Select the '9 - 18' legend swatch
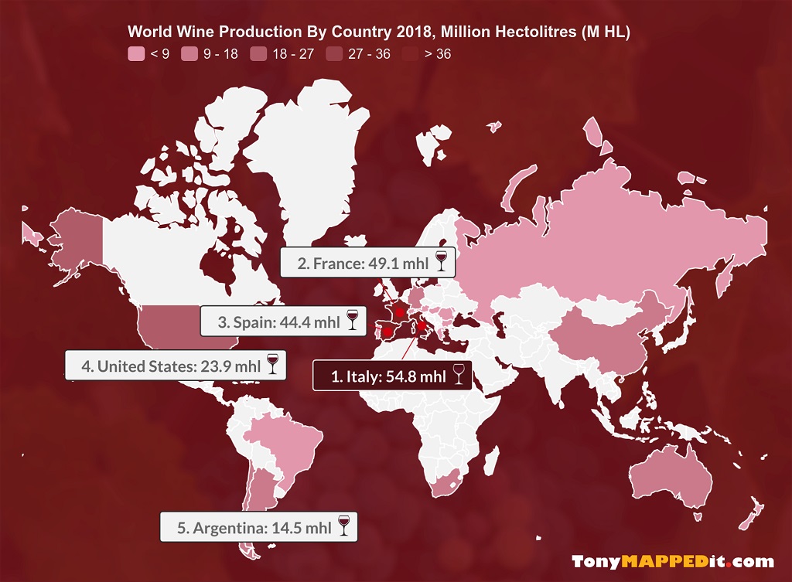[x=189, y=54]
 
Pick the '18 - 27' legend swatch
[x=258, y=54]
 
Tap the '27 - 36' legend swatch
[x=334, y=54]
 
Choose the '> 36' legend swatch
[x=410, y=54]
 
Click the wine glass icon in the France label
[x=442, y=262]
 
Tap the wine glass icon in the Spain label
[x=353, y=321]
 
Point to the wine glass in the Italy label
[x=459, y=376]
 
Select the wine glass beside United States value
[x=272, y=365]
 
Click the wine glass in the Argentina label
[x=344, y=527]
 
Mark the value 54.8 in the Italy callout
[x=401, y=377]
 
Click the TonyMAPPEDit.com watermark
[x=672, y=562]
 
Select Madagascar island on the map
[x=490, y=461]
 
